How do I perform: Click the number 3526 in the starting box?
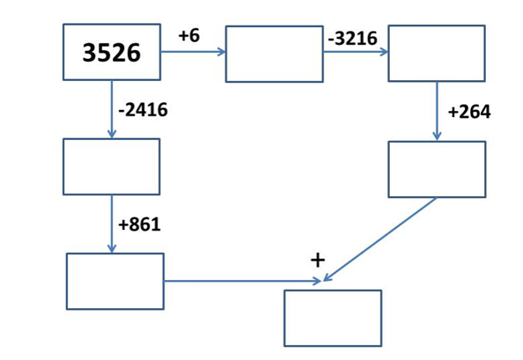(x=112, y=53)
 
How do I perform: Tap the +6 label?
(x=189, y=35)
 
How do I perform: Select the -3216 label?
(x=352, y=39)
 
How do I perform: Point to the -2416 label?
(x=144, y=110)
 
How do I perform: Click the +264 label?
(x=469, y=112)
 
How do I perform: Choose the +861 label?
(x=139, y=224)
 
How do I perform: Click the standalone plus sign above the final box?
(x=318, y=260)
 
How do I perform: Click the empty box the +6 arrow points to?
(x=274, y=54)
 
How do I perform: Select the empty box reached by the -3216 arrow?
(x=437, y=54)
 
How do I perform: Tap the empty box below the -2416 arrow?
(x=112, y=166)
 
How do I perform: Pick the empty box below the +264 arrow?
(x=437, y=169)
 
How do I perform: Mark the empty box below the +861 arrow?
(x=115, y=282)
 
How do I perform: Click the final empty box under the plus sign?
(x=333, y=319)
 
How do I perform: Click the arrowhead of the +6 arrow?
(x=222, y=52)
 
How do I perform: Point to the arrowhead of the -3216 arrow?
(x=385, y=52)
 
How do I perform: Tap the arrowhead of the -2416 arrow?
(x=112, y=134)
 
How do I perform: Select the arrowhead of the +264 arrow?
(x=437, y=136)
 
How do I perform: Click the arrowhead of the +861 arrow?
(x=112, y=249)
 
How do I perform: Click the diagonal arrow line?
(x=379, y=239)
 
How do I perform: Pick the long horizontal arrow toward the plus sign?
(x=242, y=282)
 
